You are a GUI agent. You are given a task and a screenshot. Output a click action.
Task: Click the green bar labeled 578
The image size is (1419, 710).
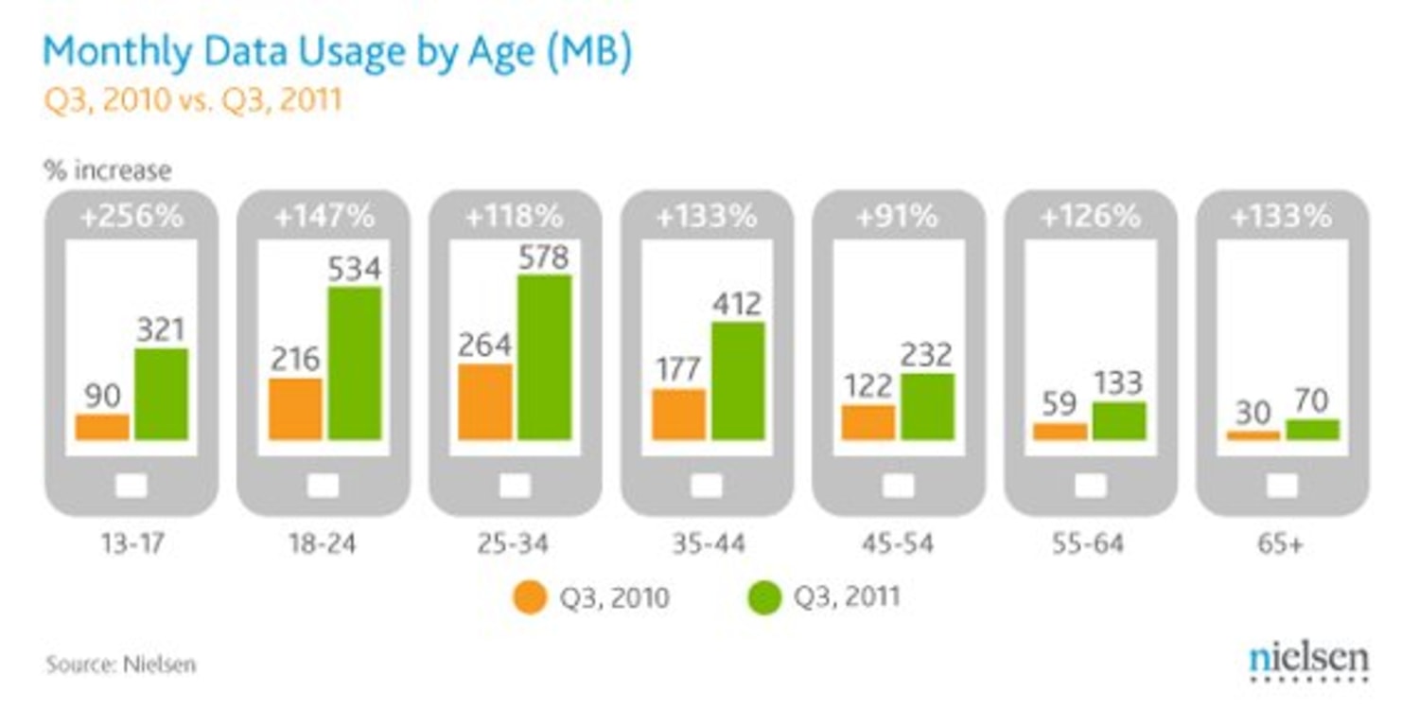click(x=545, y=358)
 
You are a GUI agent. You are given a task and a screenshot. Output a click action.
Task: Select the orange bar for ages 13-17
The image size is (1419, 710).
click(x=102, y=427)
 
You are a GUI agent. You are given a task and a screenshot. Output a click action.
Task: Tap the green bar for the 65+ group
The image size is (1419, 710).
click(x=1313, y=430)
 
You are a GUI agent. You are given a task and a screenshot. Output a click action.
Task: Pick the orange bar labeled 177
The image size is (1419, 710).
click(x=679, y=415)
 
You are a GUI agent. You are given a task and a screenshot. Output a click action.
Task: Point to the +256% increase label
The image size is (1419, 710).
click(x=131, y=217)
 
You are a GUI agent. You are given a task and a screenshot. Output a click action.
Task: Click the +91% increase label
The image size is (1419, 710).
click(x=897, y=217)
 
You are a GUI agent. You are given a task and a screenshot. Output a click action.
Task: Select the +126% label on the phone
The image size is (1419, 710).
click(x=1090, y=217)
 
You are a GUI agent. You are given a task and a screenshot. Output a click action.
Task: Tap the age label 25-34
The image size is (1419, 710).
click(x=514, y=544)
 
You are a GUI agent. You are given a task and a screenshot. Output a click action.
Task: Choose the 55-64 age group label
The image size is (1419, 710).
click(x=1090, y=544)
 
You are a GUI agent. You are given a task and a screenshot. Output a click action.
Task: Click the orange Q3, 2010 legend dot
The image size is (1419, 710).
click(x=530, y=597)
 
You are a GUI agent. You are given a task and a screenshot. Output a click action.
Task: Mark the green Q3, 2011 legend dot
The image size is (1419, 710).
click(x=763, y=597)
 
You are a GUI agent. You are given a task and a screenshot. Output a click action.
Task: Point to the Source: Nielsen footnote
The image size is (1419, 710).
click(x=121, y=665)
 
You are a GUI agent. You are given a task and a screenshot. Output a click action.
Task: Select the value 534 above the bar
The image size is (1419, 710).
click(x=354, y=269)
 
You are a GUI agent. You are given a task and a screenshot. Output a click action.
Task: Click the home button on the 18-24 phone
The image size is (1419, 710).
click(x=323, y=486)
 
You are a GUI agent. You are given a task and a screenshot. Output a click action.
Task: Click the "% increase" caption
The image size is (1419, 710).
click(x=107, y=170)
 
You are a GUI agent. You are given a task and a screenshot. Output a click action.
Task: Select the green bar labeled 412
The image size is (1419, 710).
click(x=738, y=381)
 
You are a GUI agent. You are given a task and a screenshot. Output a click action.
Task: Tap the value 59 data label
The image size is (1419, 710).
click(x=1060, y=404)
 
